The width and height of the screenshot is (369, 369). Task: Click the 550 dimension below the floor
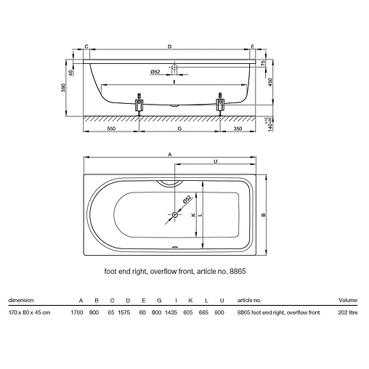tap(111, 129)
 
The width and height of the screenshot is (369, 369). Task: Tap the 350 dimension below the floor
tap(238, 129)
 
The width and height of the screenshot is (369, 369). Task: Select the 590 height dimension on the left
tap(63, 88)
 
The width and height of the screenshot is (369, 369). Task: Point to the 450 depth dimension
tap(270, 82)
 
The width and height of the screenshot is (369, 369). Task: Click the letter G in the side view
tap(179, 129)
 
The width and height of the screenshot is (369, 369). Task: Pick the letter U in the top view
tap(216, 161)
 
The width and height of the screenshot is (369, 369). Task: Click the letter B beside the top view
tap(264, 214)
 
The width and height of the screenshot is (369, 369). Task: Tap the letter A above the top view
tap(170, 154)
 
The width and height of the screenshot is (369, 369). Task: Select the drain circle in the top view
tap(174, 214)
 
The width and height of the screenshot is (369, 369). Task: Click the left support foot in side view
tap(139, 105)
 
